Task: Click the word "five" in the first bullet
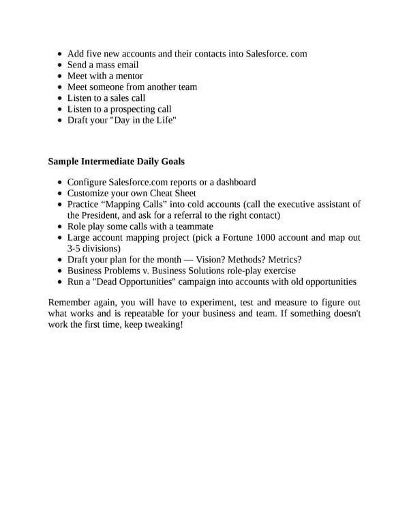(x=97, y=53)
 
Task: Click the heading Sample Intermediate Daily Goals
(x=116, y=162)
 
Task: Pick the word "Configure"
(x=87, y=182)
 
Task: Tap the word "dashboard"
(x=232, y=182)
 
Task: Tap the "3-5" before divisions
(x=75, y=248)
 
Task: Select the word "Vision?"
(x=214, y=260)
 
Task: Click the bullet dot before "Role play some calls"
(x=61, y=226)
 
